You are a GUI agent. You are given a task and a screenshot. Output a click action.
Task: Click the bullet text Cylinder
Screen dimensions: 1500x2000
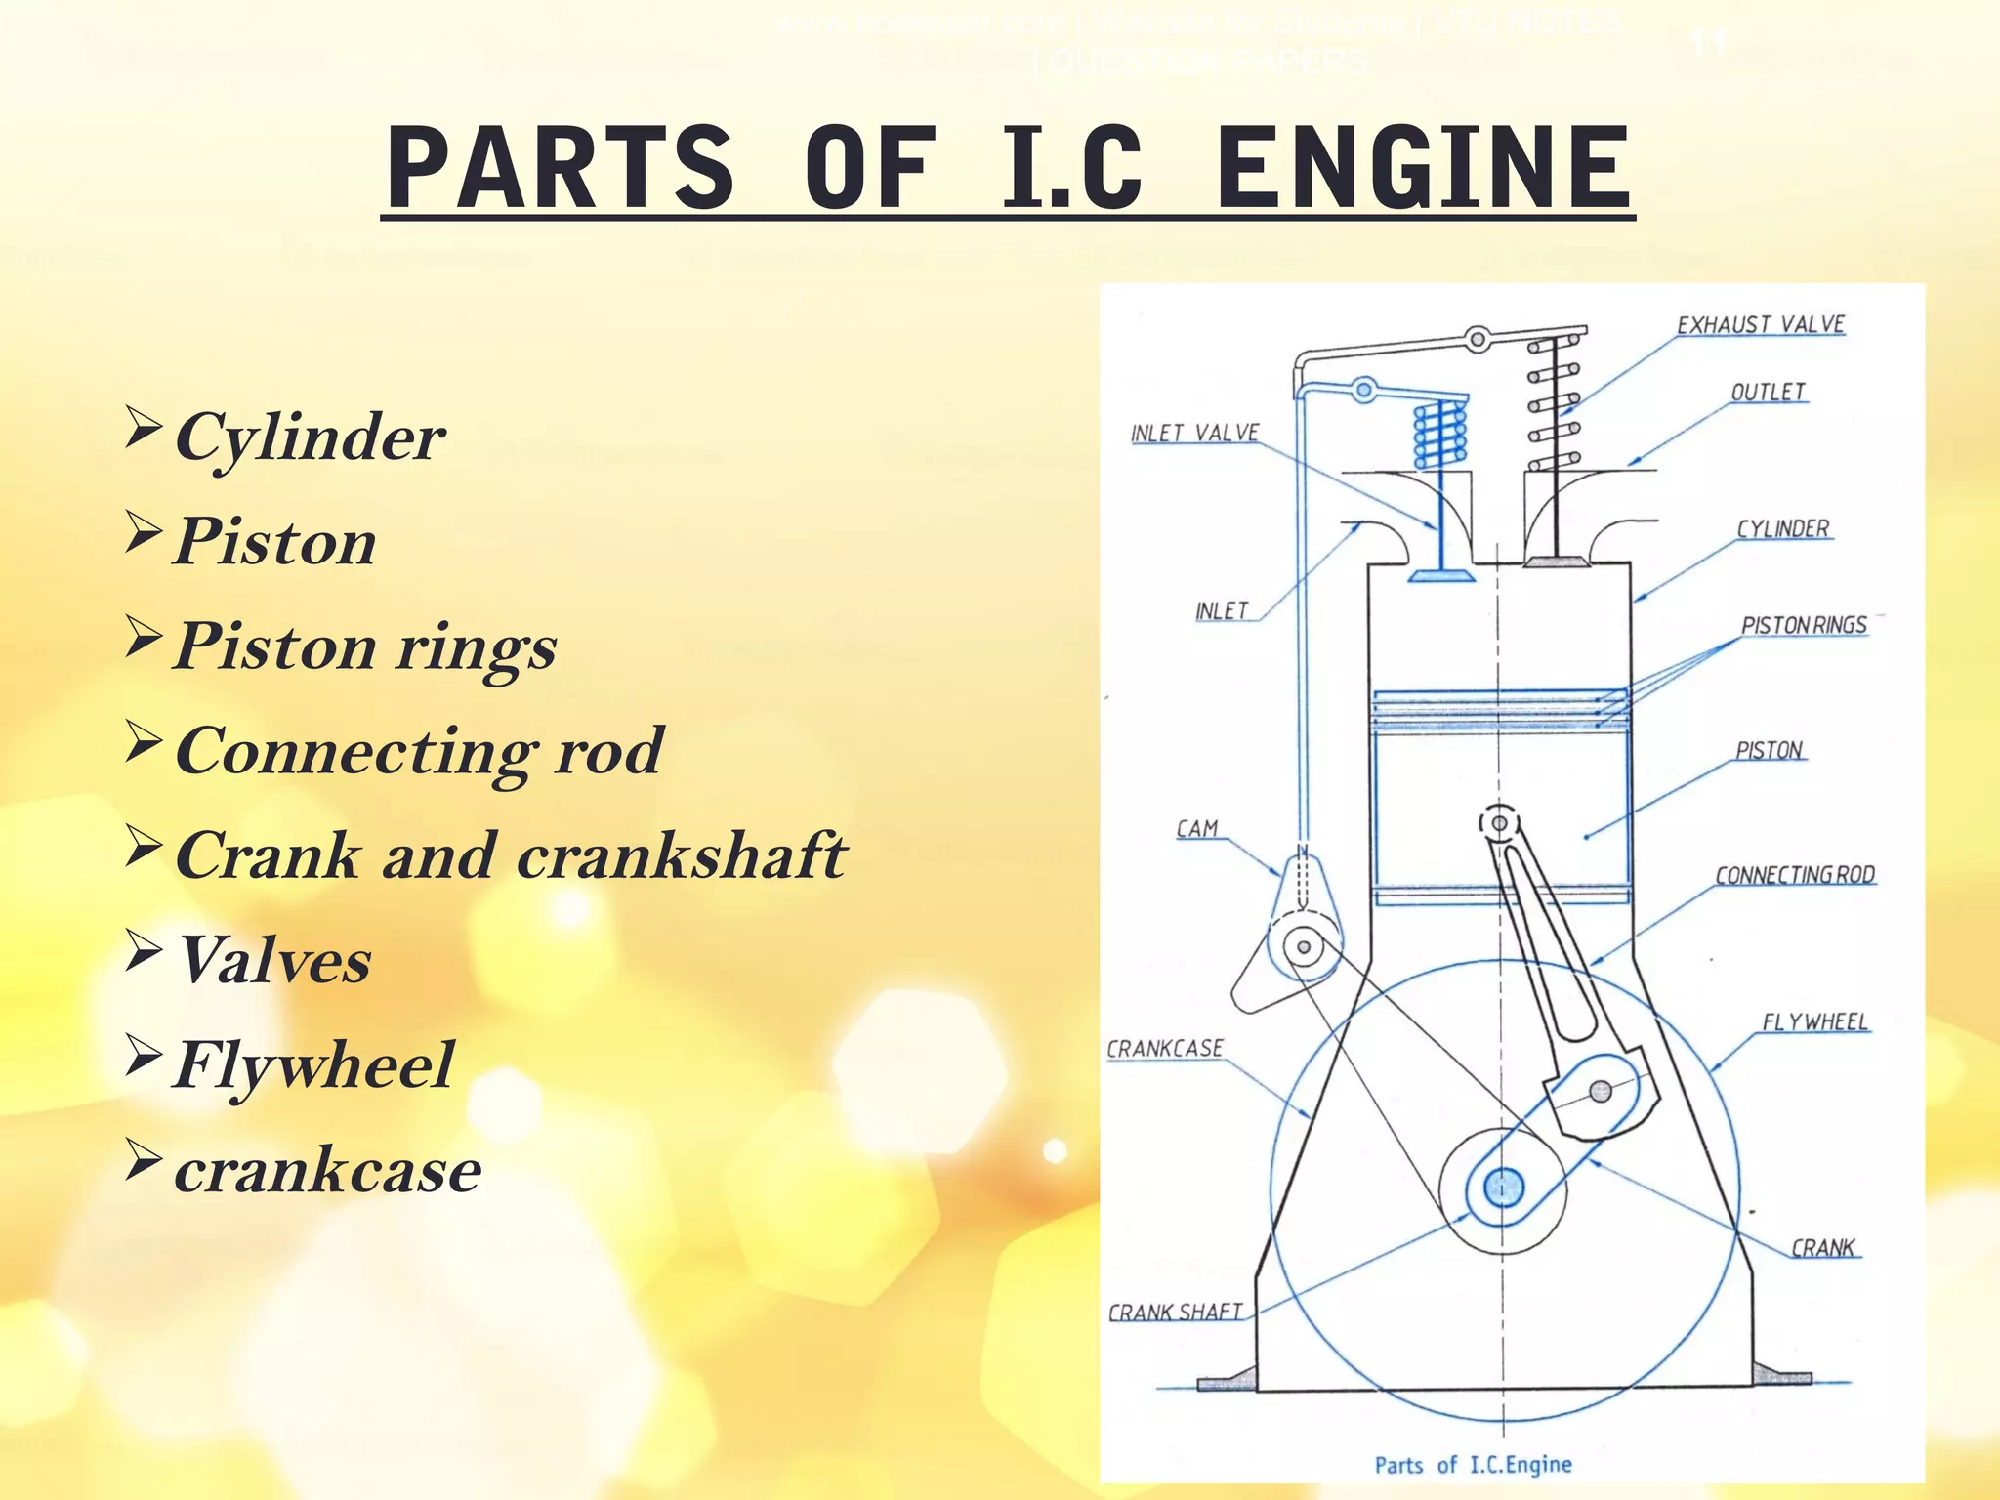coord(310,437)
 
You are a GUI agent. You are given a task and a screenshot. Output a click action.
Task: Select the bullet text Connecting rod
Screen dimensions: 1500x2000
coord(419,751)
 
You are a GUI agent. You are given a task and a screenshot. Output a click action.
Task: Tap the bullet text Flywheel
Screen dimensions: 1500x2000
coord(313,1064)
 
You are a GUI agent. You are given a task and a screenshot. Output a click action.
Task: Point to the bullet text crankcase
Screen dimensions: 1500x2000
coord(327,1170)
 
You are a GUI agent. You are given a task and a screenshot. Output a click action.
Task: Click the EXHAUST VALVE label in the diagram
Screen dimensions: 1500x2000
coord(1761,325)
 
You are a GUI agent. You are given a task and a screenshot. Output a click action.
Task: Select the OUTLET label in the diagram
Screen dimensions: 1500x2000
coord(1768,393)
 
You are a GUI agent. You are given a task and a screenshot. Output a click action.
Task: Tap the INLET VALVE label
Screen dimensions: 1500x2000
coord(1194,434)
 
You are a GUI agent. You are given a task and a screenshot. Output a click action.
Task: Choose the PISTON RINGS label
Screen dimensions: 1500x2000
coord(1804,626)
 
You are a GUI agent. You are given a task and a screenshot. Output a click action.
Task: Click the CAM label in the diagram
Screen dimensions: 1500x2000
coord(1197,829)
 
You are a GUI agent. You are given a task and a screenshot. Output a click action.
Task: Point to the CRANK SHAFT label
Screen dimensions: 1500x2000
coord(1175,1312)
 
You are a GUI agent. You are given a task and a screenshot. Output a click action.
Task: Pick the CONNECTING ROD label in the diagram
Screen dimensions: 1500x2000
coord(1795,875)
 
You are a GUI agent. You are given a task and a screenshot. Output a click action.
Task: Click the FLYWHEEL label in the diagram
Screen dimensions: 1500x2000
coord(1814,1022)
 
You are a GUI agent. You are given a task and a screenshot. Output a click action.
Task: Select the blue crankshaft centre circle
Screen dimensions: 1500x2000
coord(1503,1188)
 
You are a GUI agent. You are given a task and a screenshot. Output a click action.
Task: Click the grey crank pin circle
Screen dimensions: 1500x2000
coord(1600,1091)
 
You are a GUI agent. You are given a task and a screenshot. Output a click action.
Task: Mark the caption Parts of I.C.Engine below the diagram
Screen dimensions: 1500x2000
coord(1473,1465)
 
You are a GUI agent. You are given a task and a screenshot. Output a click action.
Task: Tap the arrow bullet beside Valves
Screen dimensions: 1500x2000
coord(144,951)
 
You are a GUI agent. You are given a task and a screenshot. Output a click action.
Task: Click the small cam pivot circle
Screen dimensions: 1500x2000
coord(1303,945)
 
